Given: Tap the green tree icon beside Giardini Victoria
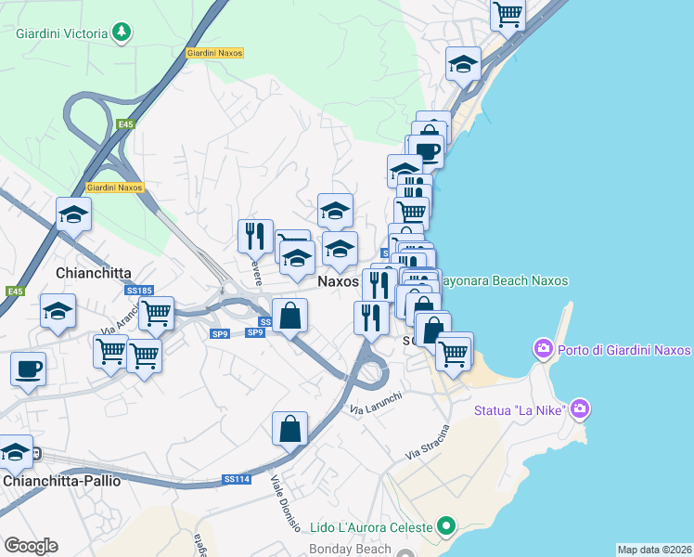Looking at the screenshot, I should pos(121,33).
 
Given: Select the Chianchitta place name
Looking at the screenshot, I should pos(93,273).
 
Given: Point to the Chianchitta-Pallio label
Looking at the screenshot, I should pos(62,481).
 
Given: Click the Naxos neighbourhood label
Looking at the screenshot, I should pos(339,279).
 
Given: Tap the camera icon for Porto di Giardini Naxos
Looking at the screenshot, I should pos(542,350).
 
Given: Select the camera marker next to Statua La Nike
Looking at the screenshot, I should pos(580,408).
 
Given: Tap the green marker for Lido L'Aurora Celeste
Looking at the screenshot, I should pos(446,527).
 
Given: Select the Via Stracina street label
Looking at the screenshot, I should pos(427,442).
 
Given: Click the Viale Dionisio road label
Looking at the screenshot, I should pos(285,505).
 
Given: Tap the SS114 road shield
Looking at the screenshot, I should pos(237,479).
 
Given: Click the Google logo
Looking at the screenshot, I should pos(31,546).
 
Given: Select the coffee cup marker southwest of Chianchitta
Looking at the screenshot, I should pos(28,368).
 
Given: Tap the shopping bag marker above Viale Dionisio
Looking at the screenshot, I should pos(289,428).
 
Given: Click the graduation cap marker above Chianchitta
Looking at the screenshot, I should pos(73,215).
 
